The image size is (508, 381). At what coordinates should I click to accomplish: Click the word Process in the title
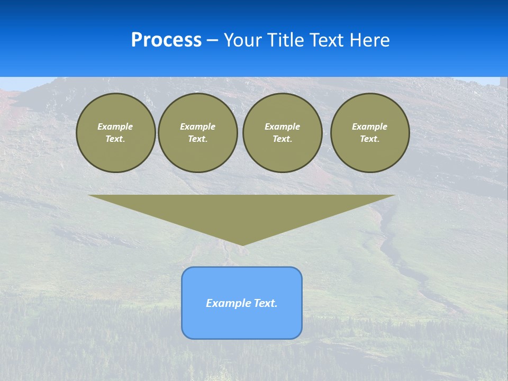pos(166,40)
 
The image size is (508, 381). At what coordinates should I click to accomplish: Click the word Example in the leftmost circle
pos(115,126)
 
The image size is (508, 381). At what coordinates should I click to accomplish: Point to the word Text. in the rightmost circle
pos(370,139)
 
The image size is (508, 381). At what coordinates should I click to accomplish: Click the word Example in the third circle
pos(282,126)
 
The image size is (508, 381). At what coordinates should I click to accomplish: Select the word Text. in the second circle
pos(198,139)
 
